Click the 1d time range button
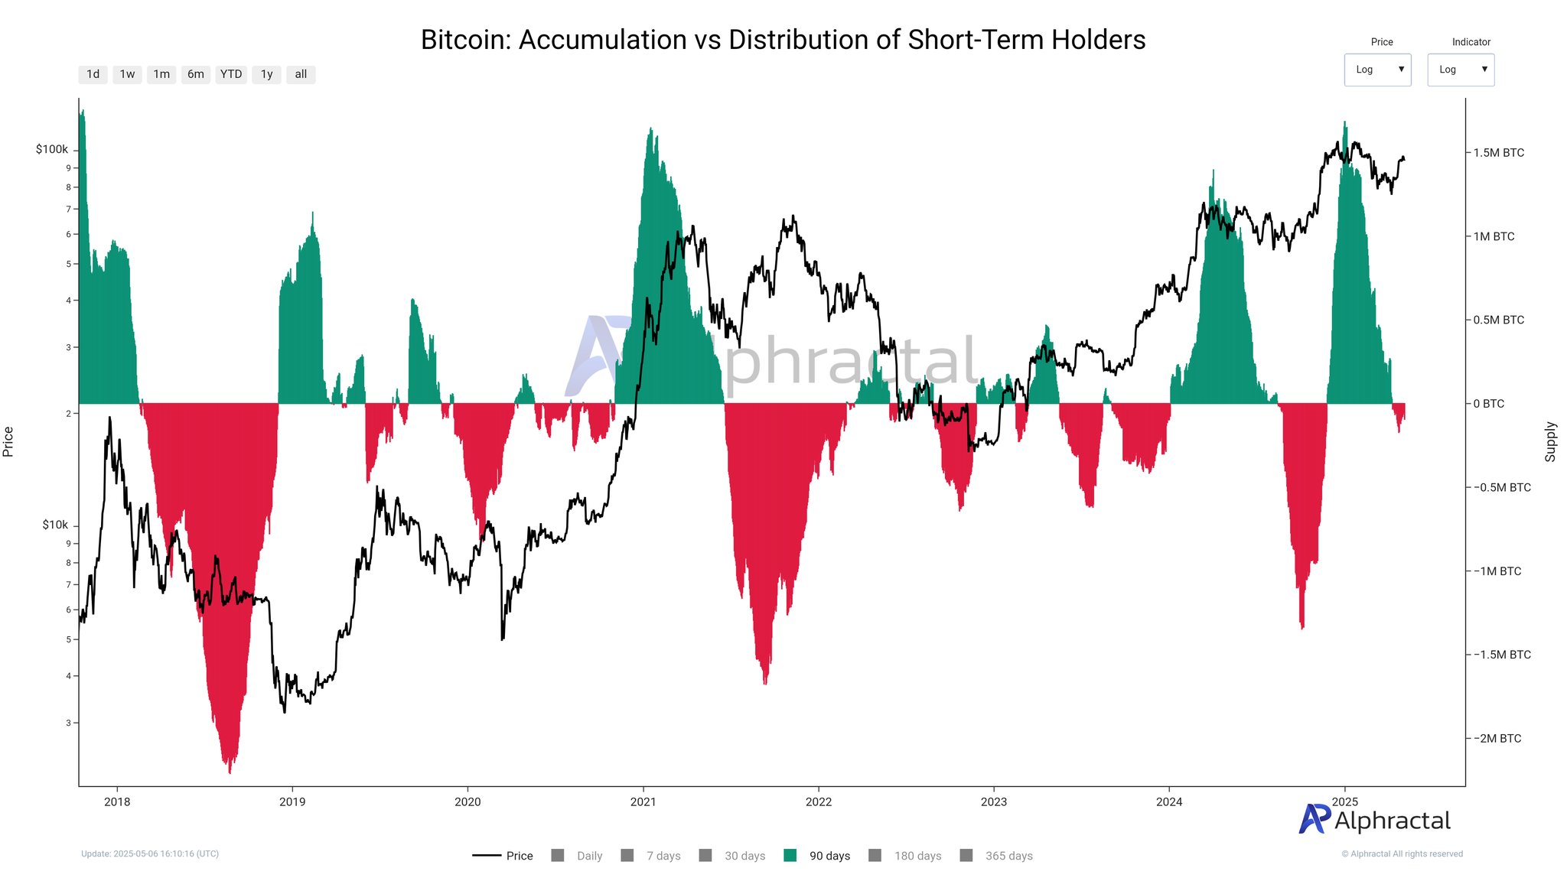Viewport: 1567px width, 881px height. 93,74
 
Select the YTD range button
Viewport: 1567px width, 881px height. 230,74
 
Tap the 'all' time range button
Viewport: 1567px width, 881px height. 301,74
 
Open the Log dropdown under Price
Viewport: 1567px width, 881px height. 1377,70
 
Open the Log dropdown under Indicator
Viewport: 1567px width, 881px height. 1460,70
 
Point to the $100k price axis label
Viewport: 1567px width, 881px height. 52,149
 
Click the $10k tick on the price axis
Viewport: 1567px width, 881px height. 55,525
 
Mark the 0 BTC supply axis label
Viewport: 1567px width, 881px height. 1488,404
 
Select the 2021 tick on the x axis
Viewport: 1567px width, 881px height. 643,801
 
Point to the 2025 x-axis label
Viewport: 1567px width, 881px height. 1344,801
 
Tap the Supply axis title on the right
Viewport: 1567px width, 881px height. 1550,441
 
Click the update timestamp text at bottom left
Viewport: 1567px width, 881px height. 150,853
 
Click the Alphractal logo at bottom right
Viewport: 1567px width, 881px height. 1374,820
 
